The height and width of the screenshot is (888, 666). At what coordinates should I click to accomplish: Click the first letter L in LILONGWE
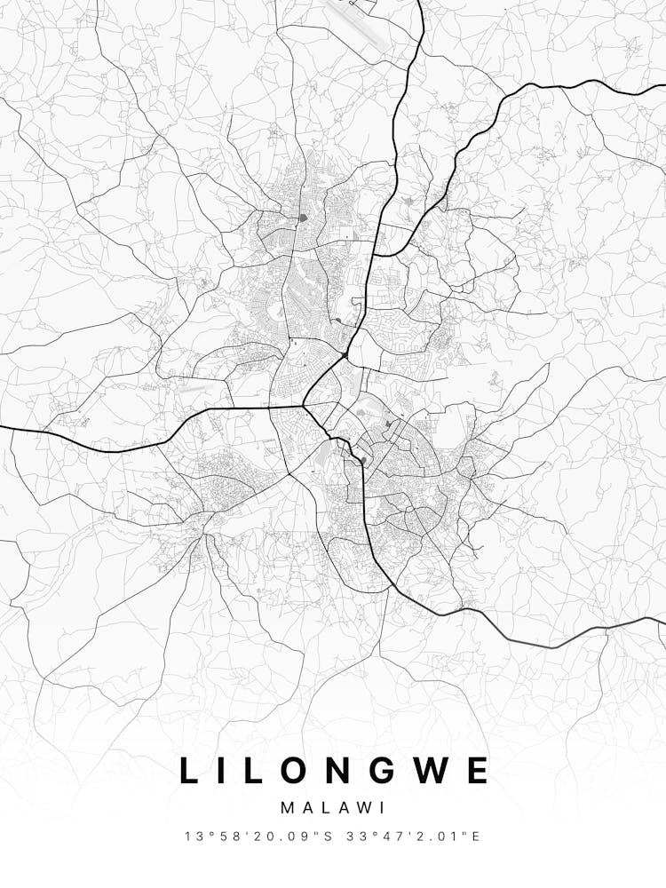tap(190, 770)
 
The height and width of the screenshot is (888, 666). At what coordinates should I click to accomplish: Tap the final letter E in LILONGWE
tap(478, 770)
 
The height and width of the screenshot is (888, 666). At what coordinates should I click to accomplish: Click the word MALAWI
tap(332, 808)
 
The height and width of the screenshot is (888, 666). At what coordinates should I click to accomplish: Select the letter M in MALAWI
tap(288, 808)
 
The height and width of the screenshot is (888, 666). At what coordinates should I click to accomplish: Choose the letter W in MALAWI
tap(364, 808)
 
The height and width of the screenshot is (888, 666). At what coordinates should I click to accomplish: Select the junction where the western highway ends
tap(304, 407)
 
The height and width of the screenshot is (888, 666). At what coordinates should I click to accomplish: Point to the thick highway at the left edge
tap(4, 427)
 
